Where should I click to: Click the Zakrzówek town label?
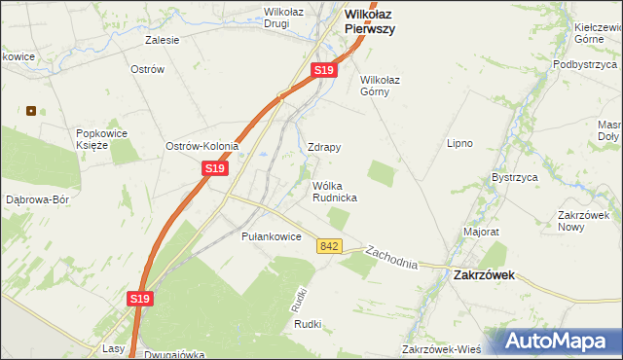pyautogui.click(x=484, y=275)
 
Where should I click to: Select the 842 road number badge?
pyautogui.click(x=328, y=248)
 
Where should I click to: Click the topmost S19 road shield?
pyautogui.click(x=324, y=71)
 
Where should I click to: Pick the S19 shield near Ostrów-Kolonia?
pyautogui.click(x=215, y=168)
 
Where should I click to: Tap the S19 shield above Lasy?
pyautogui.click(x=141, y=300)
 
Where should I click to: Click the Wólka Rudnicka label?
pyautogui.click(x=334, y=191)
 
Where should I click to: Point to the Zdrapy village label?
pyautogui.click(x=323, y=148)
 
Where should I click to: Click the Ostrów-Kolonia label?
pyautogui.click(x=202, y=147)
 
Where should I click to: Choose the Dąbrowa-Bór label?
pyautogui.click(x=38, y=198)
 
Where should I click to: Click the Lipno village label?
pyautogui.click(x=458, y=143)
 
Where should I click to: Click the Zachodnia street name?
pyautogui.click(x=391, y=258)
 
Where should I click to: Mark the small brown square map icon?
pyautogui.click(x=32, y=110)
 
